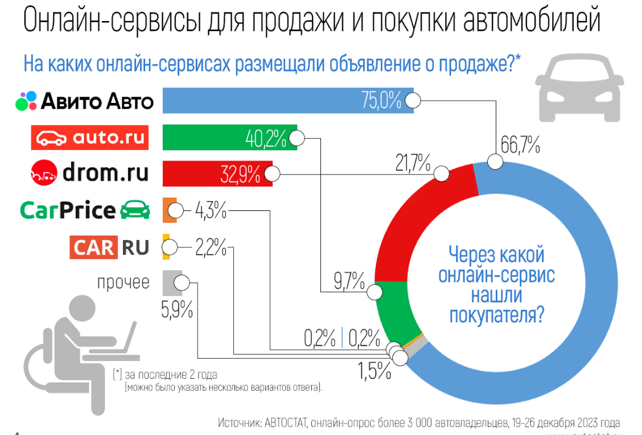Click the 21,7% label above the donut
click(x=413, y=165)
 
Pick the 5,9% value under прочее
click(x=177, y=310)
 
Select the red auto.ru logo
click(x=90, y=137)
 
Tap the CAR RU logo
click(x=110, y=247)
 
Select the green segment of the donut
click(x=393, y=313)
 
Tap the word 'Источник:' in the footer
click(x=240, y=423)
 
